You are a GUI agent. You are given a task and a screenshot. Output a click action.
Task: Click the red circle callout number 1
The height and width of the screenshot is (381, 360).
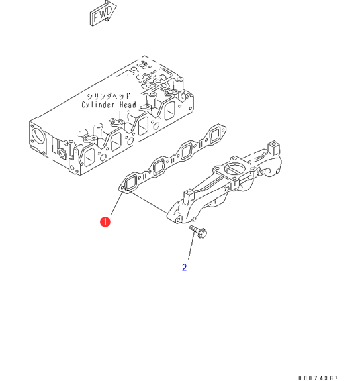click(x=105, y=221)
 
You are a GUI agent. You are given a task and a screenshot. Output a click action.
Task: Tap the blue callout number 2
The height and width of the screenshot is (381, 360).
click(x=184, y=268)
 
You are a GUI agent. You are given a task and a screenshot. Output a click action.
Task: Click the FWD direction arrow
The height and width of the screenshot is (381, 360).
click(x=103, y=13)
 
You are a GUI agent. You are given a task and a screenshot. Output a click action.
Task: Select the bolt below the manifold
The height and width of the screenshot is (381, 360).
click(x=198, y=231)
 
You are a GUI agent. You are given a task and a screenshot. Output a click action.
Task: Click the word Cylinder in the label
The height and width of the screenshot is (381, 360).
click(x=98, y=105)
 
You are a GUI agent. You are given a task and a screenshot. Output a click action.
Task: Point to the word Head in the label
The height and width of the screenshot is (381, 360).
click(x=128, y=105)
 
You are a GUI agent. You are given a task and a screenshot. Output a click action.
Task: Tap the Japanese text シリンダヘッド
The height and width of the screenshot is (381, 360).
click(x=109, y=97)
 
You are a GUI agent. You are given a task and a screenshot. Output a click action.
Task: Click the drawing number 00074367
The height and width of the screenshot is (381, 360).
click(x=318, y=378)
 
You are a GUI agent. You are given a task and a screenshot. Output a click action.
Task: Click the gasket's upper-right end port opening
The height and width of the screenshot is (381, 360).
click(x=215, y=135)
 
